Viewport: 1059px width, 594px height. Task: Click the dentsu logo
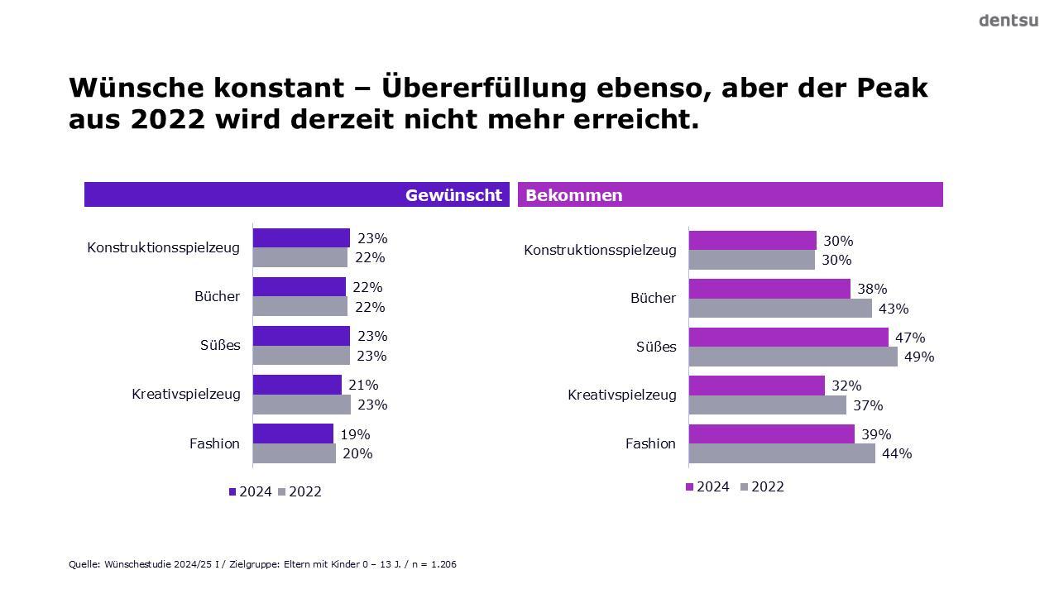pos(1008,21)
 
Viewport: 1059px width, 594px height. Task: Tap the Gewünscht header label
pos(453,195)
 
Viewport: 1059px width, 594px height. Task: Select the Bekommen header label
pos(574,195)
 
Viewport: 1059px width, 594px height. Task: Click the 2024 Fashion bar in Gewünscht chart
pos(293,434)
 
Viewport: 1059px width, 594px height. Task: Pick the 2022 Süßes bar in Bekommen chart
pos(793,357)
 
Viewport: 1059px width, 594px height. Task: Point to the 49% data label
pos(919,357)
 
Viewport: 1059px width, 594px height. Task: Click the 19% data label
pos(355,434)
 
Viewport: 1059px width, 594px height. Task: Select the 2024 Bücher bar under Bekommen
pos(769,289)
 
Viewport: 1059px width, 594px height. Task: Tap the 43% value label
pos(894,309)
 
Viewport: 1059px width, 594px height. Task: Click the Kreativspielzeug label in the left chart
pos(186,394)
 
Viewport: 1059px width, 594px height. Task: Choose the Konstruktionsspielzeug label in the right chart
pos(600,250)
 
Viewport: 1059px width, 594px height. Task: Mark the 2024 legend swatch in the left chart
pos(233,492)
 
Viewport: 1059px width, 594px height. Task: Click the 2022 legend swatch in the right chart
pos(745,487)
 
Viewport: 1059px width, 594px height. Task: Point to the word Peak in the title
pos(891,88)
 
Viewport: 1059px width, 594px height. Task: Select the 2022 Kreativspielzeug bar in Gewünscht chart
pos(301,405)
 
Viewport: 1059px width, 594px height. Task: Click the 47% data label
pos(910,338)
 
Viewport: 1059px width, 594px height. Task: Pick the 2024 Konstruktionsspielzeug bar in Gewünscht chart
pos(301,238)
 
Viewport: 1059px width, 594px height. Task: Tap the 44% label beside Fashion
pos(897,453)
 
